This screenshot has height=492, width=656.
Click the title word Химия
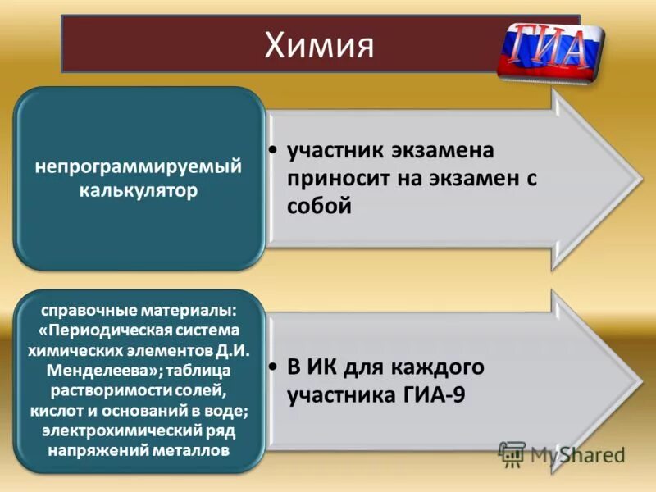(320, 44)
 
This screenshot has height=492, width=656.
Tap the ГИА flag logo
(551, 49)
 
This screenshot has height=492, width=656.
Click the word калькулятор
(139, 191)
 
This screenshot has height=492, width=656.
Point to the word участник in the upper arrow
(338, 151)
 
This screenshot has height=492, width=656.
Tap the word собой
(319, 207)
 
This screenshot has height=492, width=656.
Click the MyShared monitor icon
(512, 453)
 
